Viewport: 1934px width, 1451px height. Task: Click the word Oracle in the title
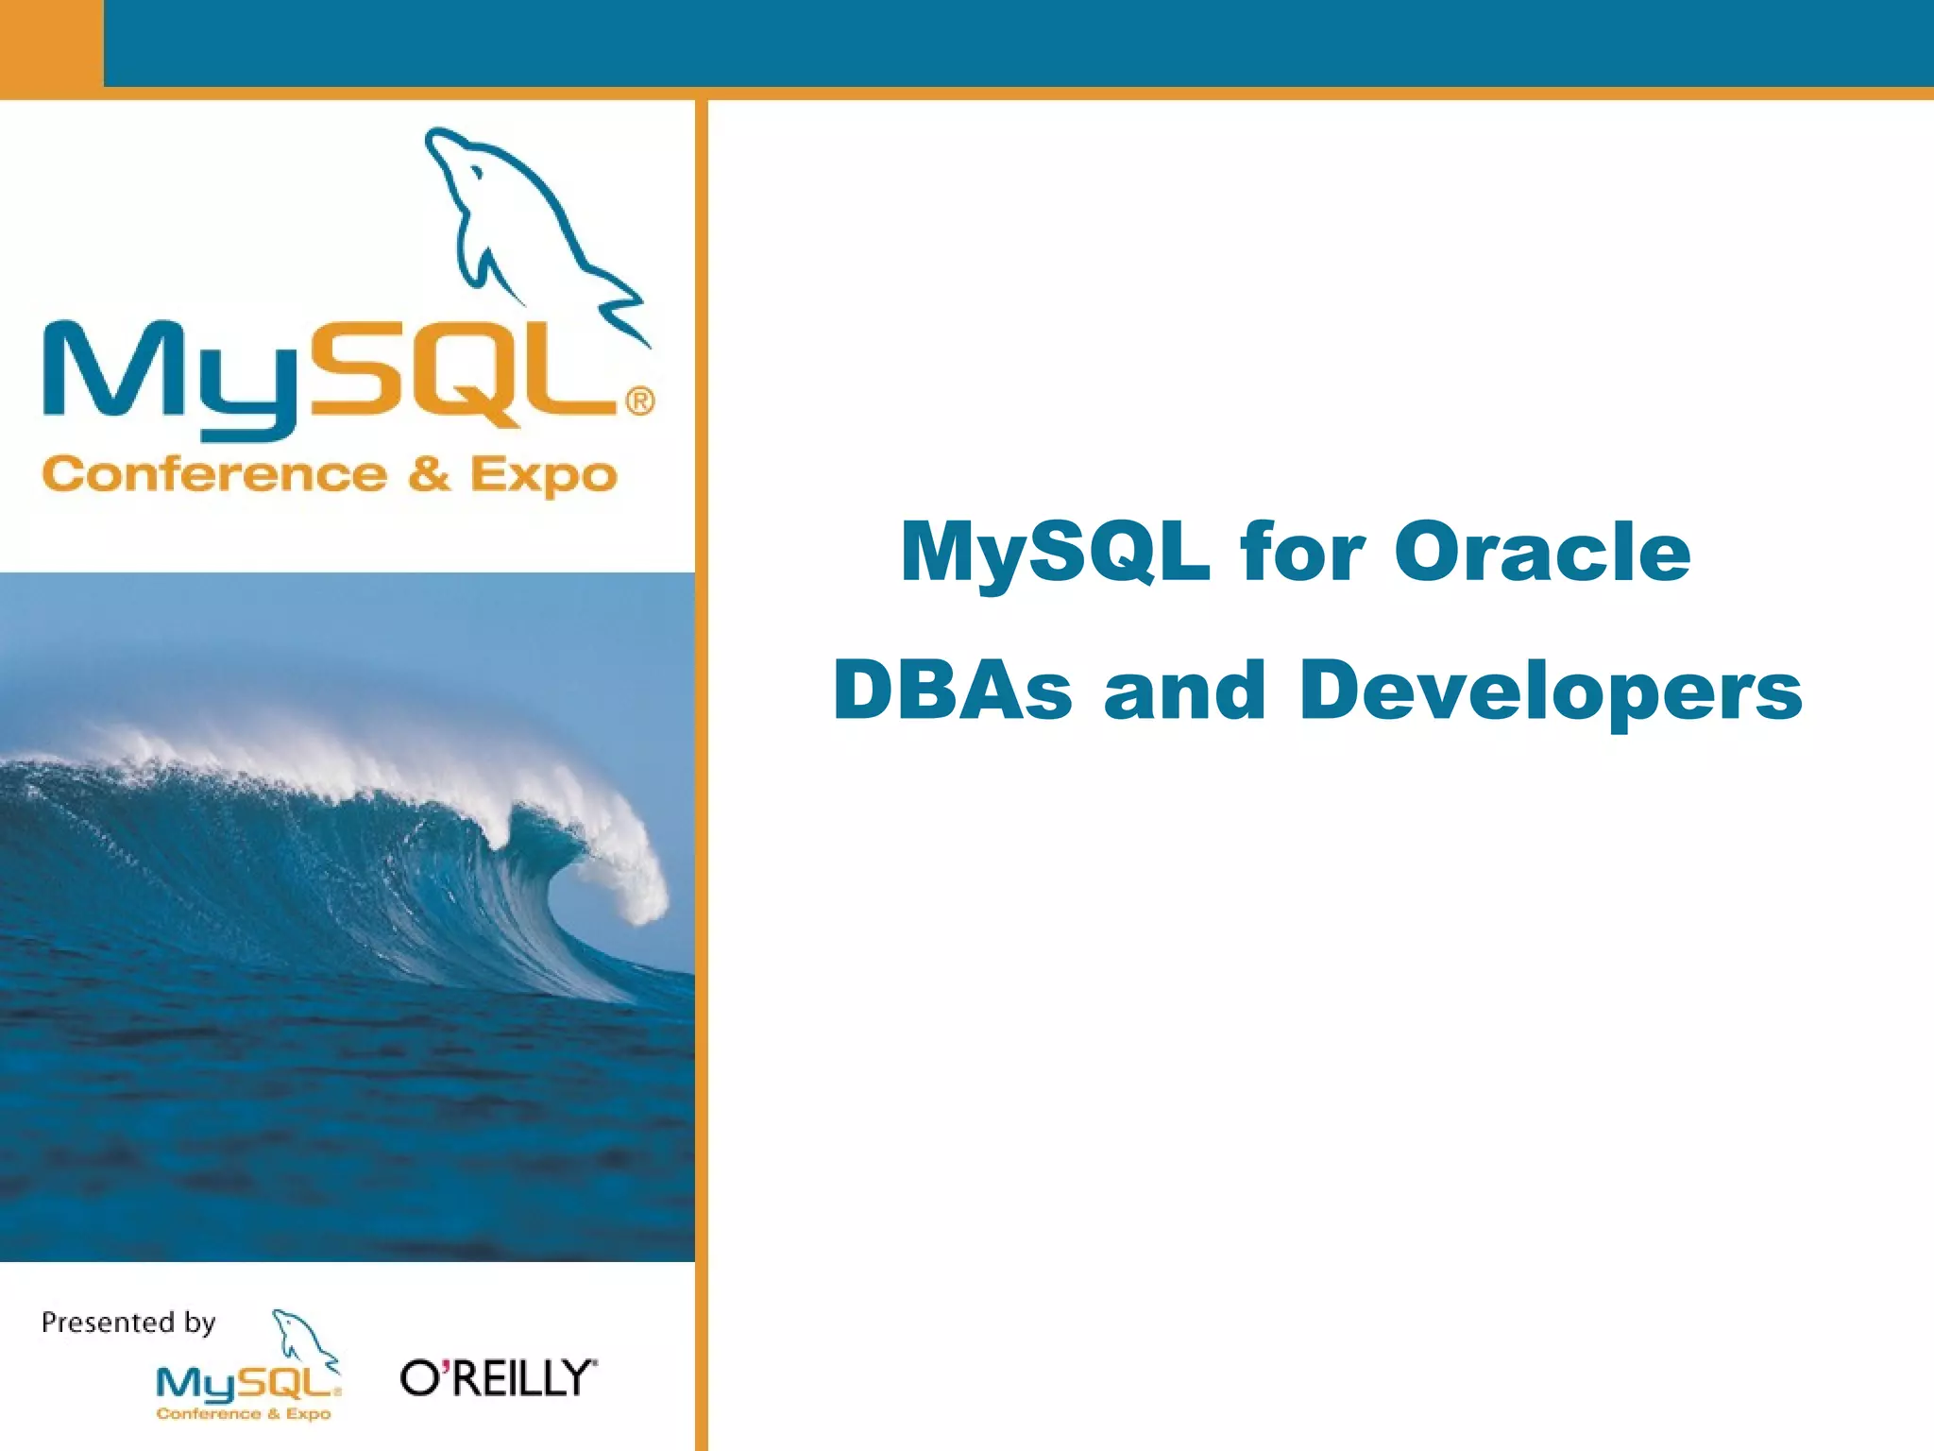pyautogui.click(x=1541, y=552)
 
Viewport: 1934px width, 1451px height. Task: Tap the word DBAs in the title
pyautogui.click(x=952, y=690)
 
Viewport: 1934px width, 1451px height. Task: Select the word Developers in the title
pyautogui.click(x=1551, y=691)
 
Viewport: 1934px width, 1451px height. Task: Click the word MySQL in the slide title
pyautogui.click(x=1055, y=552)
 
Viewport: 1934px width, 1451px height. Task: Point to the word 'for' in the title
pyautogui.click(x=1301, y=552)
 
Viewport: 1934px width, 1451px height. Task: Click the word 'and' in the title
pyautogui.click(x=1184, y=690)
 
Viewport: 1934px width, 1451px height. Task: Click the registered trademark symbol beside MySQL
pyautogui.click(x=639, y=401)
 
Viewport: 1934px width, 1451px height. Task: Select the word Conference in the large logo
pyautogui.click(x=214, y=474)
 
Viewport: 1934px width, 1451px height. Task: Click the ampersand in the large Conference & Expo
pyautogui.click(x=429, y=474)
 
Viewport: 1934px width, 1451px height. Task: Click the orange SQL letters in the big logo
pyautogui.click(x=463, y=373)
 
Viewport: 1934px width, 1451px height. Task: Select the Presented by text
pyautogui.click(x=128, y=1323)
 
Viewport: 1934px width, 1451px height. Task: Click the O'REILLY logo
pyautogui.click(x=498, y=1378)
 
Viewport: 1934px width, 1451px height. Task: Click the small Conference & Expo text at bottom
pyautogui.click(x=244, y=1414)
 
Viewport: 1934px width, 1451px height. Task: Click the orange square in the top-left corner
pyautogui.click(x=50, y=43)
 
